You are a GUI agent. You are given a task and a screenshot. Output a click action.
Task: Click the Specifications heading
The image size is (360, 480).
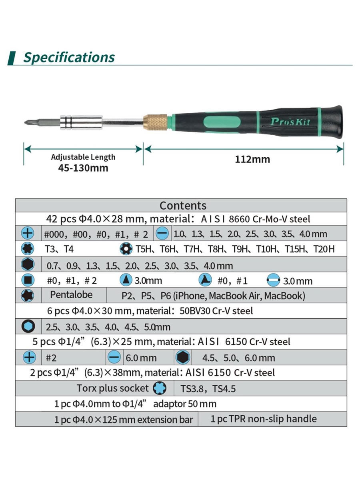69,57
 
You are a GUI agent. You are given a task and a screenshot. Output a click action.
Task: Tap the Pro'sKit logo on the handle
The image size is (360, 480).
290,122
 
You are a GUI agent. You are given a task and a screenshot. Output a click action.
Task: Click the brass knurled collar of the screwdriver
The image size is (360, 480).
156,122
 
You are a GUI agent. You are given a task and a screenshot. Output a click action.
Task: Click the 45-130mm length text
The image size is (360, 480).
83,168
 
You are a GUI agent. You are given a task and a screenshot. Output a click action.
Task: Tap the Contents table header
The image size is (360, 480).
183,206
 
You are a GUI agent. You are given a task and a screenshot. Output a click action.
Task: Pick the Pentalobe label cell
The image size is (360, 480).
71,295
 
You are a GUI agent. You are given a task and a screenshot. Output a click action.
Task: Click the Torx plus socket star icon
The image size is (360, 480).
160,388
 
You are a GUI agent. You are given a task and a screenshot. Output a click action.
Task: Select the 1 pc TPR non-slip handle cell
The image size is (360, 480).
264,419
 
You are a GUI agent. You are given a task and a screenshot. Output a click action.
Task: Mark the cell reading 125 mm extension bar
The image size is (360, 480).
124,420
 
